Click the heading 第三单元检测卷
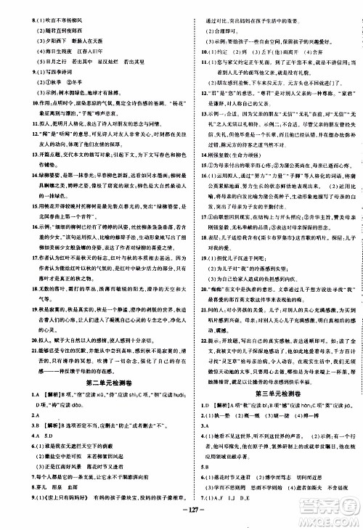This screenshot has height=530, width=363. point(272,378)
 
